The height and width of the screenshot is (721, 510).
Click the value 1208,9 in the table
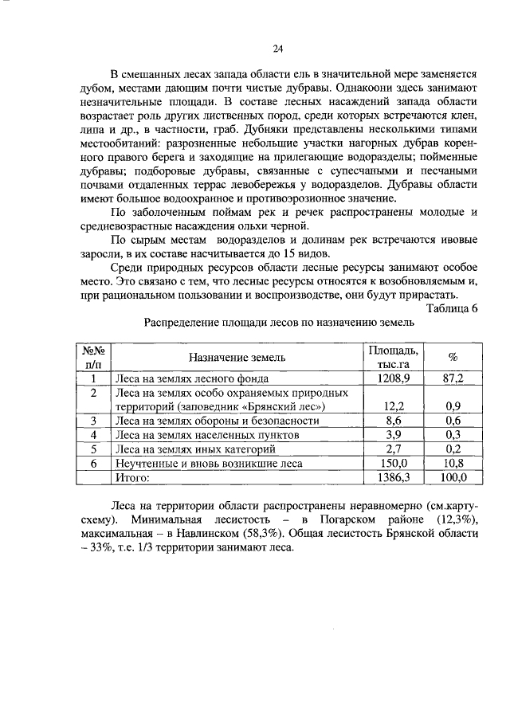coord(392,378)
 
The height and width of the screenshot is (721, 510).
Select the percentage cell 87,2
coord(453,378)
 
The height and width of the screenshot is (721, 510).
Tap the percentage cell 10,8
coord(453,463)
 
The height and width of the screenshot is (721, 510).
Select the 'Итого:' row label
coord(132,477)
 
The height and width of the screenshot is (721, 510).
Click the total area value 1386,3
coord(392,477)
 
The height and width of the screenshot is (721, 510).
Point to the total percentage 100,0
coord(453,477)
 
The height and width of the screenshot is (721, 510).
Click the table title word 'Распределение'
coord(181,323)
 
